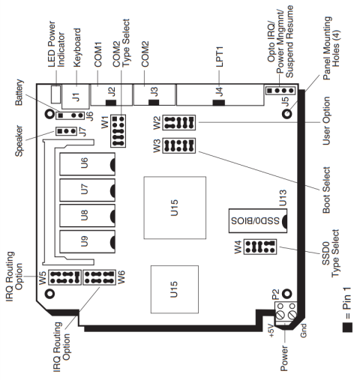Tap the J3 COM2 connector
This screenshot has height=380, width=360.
point(153,95)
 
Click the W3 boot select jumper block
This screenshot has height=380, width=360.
point(178,146)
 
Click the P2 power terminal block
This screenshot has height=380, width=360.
point(289,314)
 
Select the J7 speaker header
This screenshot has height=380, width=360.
point(65,130)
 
